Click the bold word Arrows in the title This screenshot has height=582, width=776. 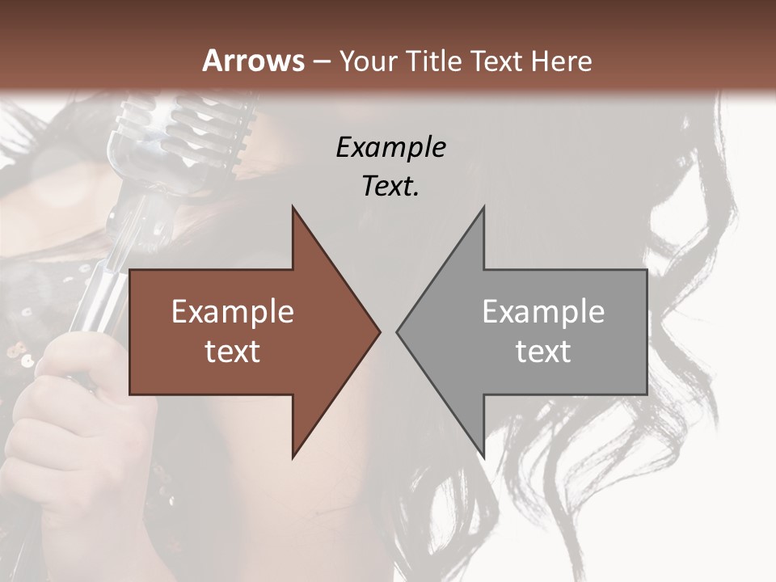253,61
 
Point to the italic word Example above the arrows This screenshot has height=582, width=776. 390,147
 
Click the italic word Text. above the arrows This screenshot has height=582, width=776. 390,186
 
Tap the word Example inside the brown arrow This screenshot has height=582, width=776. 233,311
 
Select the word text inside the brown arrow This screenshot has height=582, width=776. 233,352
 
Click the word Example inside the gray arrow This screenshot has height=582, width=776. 543,311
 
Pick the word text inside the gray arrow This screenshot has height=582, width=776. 543,352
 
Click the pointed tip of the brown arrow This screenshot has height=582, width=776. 379,331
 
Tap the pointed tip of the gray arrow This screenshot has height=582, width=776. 398,331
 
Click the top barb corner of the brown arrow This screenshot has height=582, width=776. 293,207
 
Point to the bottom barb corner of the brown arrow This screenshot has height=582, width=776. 293,458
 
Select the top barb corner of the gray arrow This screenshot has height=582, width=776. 483,207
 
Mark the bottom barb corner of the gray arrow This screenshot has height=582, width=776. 483,458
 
